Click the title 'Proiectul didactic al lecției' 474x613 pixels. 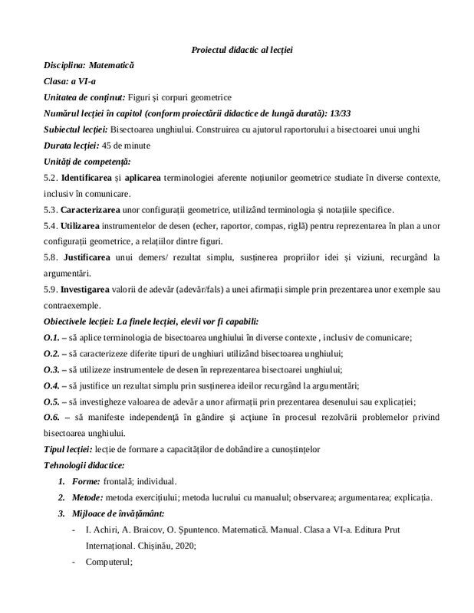point(242,50)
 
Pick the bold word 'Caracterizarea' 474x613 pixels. point(95,209)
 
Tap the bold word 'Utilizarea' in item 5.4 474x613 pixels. point(85,225)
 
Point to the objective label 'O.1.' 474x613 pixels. point(52,338)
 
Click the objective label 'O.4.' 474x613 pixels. point(52,385)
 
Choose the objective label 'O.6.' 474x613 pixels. point(52,416)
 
